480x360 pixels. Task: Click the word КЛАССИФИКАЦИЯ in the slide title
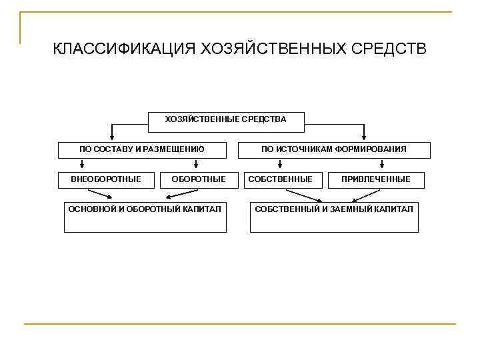[x=123, y=50]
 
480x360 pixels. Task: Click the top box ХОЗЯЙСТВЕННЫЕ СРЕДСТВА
[x=225, y=119]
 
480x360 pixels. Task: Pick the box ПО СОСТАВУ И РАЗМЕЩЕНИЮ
[x=141, y=149]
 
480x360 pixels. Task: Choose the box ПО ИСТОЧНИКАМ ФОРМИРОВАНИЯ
[x=333, y=149]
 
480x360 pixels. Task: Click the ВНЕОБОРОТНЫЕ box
[x=106, y=179]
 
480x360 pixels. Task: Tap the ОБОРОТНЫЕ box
[x=199, y=179]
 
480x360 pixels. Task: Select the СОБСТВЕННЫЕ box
[x=280, y=179]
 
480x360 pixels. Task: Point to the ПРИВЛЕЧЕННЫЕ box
[x=376, y=179]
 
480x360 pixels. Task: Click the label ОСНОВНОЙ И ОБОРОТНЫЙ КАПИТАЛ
[x=145, y=209]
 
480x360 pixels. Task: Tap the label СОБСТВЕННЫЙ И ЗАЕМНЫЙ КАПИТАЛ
[x=333, y=209]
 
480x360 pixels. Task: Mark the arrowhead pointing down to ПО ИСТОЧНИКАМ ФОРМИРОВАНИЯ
[x=364, y=137]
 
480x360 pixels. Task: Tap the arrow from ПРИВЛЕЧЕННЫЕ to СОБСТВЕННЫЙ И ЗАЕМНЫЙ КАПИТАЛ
[x=366, y=195]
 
